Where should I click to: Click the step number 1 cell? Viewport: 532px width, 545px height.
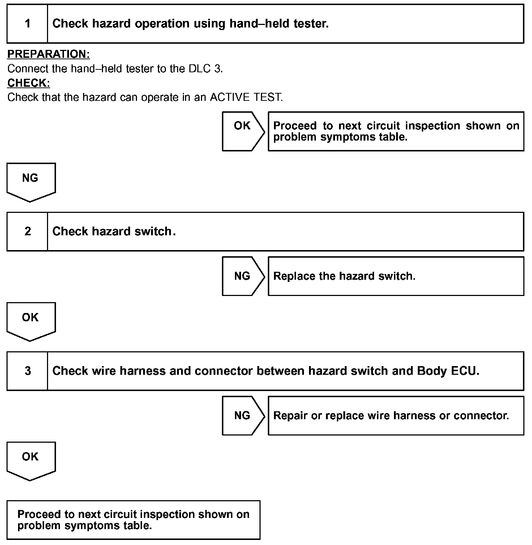click(x=27, y=24)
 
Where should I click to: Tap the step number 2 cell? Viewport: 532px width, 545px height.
click(x=27, y=231)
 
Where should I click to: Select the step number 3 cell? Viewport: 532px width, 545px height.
click(x=27, y=371)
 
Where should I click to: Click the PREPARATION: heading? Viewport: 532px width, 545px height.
click(x=48, y=54)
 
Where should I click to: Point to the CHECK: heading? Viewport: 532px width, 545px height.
click(x=29, y=83)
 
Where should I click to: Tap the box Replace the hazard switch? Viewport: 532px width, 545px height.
click(x=396, y=276)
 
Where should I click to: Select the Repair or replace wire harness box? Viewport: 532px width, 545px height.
click(x=396, y=416)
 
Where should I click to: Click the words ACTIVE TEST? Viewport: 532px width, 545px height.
click(x=246, y=98)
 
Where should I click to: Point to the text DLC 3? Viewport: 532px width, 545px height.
click(x=205, y=69)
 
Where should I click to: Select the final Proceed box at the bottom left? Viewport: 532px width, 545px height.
click(x=133, y=520)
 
